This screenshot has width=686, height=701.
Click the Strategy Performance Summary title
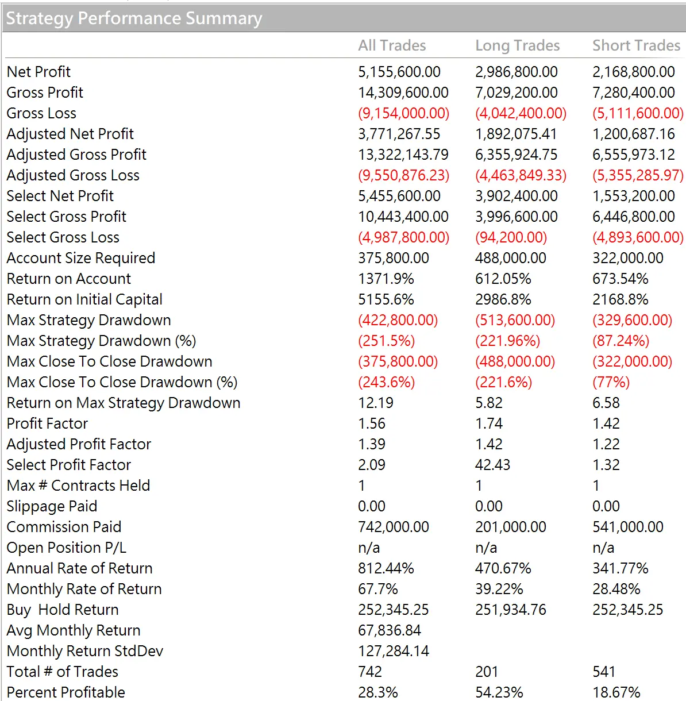[x=134, y=18]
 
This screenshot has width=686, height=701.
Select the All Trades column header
[x=392, y=45]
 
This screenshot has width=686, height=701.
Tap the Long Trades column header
[x=517, y=46]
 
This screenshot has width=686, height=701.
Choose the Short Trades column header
[x=636, y=45]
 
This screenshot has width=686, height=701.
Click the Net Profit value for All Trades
[x=399, y=72]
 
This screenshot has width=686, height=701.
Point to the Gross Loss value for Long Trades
[x=521, y=113]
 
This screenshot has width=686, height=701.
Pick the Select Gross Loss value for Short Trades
[x=638, y=237]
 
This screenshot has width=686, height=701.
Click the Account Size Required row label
[x=81, y=258]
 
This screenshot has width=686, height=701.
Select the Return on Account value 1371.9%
[x=386, y=279]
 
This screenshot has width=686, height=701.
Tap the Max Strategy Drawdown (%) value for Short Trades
[x=621, y=341]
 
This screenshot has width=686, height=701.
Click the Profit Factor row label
[x=47, y=423]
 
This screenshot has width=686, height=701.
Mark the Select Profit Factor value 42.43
[x=493, y=464]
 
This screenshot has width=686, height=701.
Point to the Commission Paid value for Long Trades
[x=511, y=527]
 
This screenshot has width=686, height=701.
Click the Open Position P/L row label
[x=67, y=548]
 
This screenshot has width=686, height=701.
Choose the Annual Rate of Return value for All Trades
[x=386, y=568]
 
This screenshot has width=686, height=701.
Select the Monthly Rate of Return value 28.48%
[x=616, y=589]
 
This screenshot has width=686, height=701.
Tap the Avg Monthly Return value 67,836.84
[x=390, y=630]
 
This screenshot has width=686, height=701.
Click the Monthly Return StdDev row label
[x=85, y=651]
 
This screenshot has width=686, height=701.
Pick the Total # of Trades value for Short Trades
[x=604, y=672]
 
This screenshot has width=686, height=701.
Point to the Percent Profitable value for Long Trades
[x=499, y=692]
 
